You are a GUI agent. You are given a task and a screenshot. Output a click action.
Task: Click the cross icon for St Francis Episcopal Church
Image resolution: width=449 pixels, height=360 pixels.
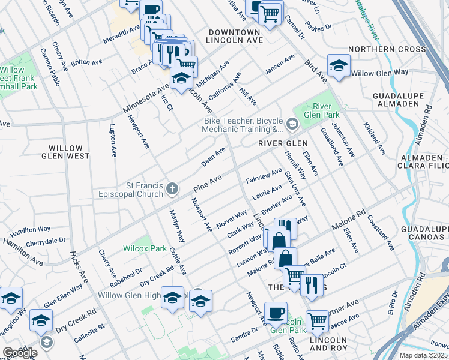coord(172,190)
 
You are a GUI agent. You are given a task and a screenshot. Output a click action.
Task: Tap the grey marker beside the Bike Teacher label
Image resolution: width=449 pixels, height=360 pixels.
coord(292,124)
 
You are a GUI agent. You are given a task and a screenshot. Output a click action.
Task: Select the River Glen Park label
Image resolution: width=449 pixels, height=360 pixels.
coord(323,110)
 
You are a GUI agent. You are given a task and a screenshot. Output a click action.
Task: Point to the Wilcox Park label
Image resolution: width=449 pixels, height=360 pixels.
coord(145,248)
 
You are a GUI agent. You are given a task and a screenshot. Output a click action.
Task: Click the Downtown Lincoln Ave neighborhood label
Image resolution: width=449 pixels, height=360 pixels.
coord(234,36)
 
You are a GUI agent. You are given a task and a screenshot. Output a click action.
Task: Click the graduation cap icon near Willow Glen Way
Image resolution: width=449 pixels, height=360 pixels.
coord(339,66)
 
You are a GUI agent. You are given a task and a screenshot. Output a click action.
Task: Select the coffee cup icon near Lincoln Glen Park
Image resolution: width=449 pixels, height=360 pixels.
coord(276,313)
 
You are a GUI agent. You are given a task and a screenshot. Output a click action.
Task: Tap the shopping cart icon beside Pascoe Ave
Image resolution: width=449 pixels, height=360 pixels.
coord(317,321)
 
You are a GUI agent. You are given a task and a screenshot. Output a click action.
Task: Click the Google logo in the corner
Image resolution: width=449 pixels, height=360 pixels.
coord(19,353)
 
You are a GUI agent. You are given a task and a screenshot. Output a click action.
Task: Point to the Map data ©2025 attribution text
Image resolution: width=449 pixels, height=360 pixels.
coord(423,355)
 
